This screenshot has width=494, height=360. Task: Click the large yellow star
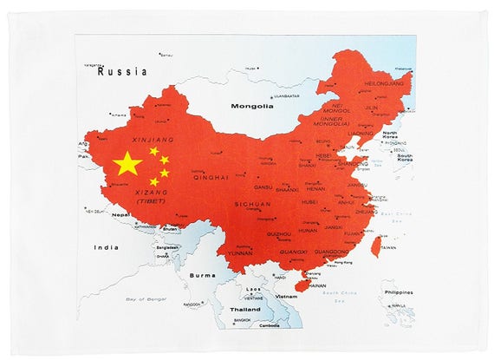127,163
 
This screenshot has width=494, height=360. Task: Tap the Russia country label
122,72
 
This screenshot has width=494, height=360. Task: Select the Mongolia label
251,107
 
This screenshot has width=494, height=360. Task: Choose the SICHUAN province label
253,204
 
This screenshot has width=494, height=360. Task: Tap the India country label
107,247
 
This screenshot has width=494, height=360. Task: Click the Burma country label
203,275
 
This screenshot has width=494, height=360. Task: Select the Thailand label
245,309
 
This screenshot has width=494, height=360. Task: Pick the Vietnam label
286,296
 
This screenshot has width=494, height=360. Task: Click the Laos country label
253,289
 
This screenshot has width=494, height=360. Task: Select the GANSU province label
263,187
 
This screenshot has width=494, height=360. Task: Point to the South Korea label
405,157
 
